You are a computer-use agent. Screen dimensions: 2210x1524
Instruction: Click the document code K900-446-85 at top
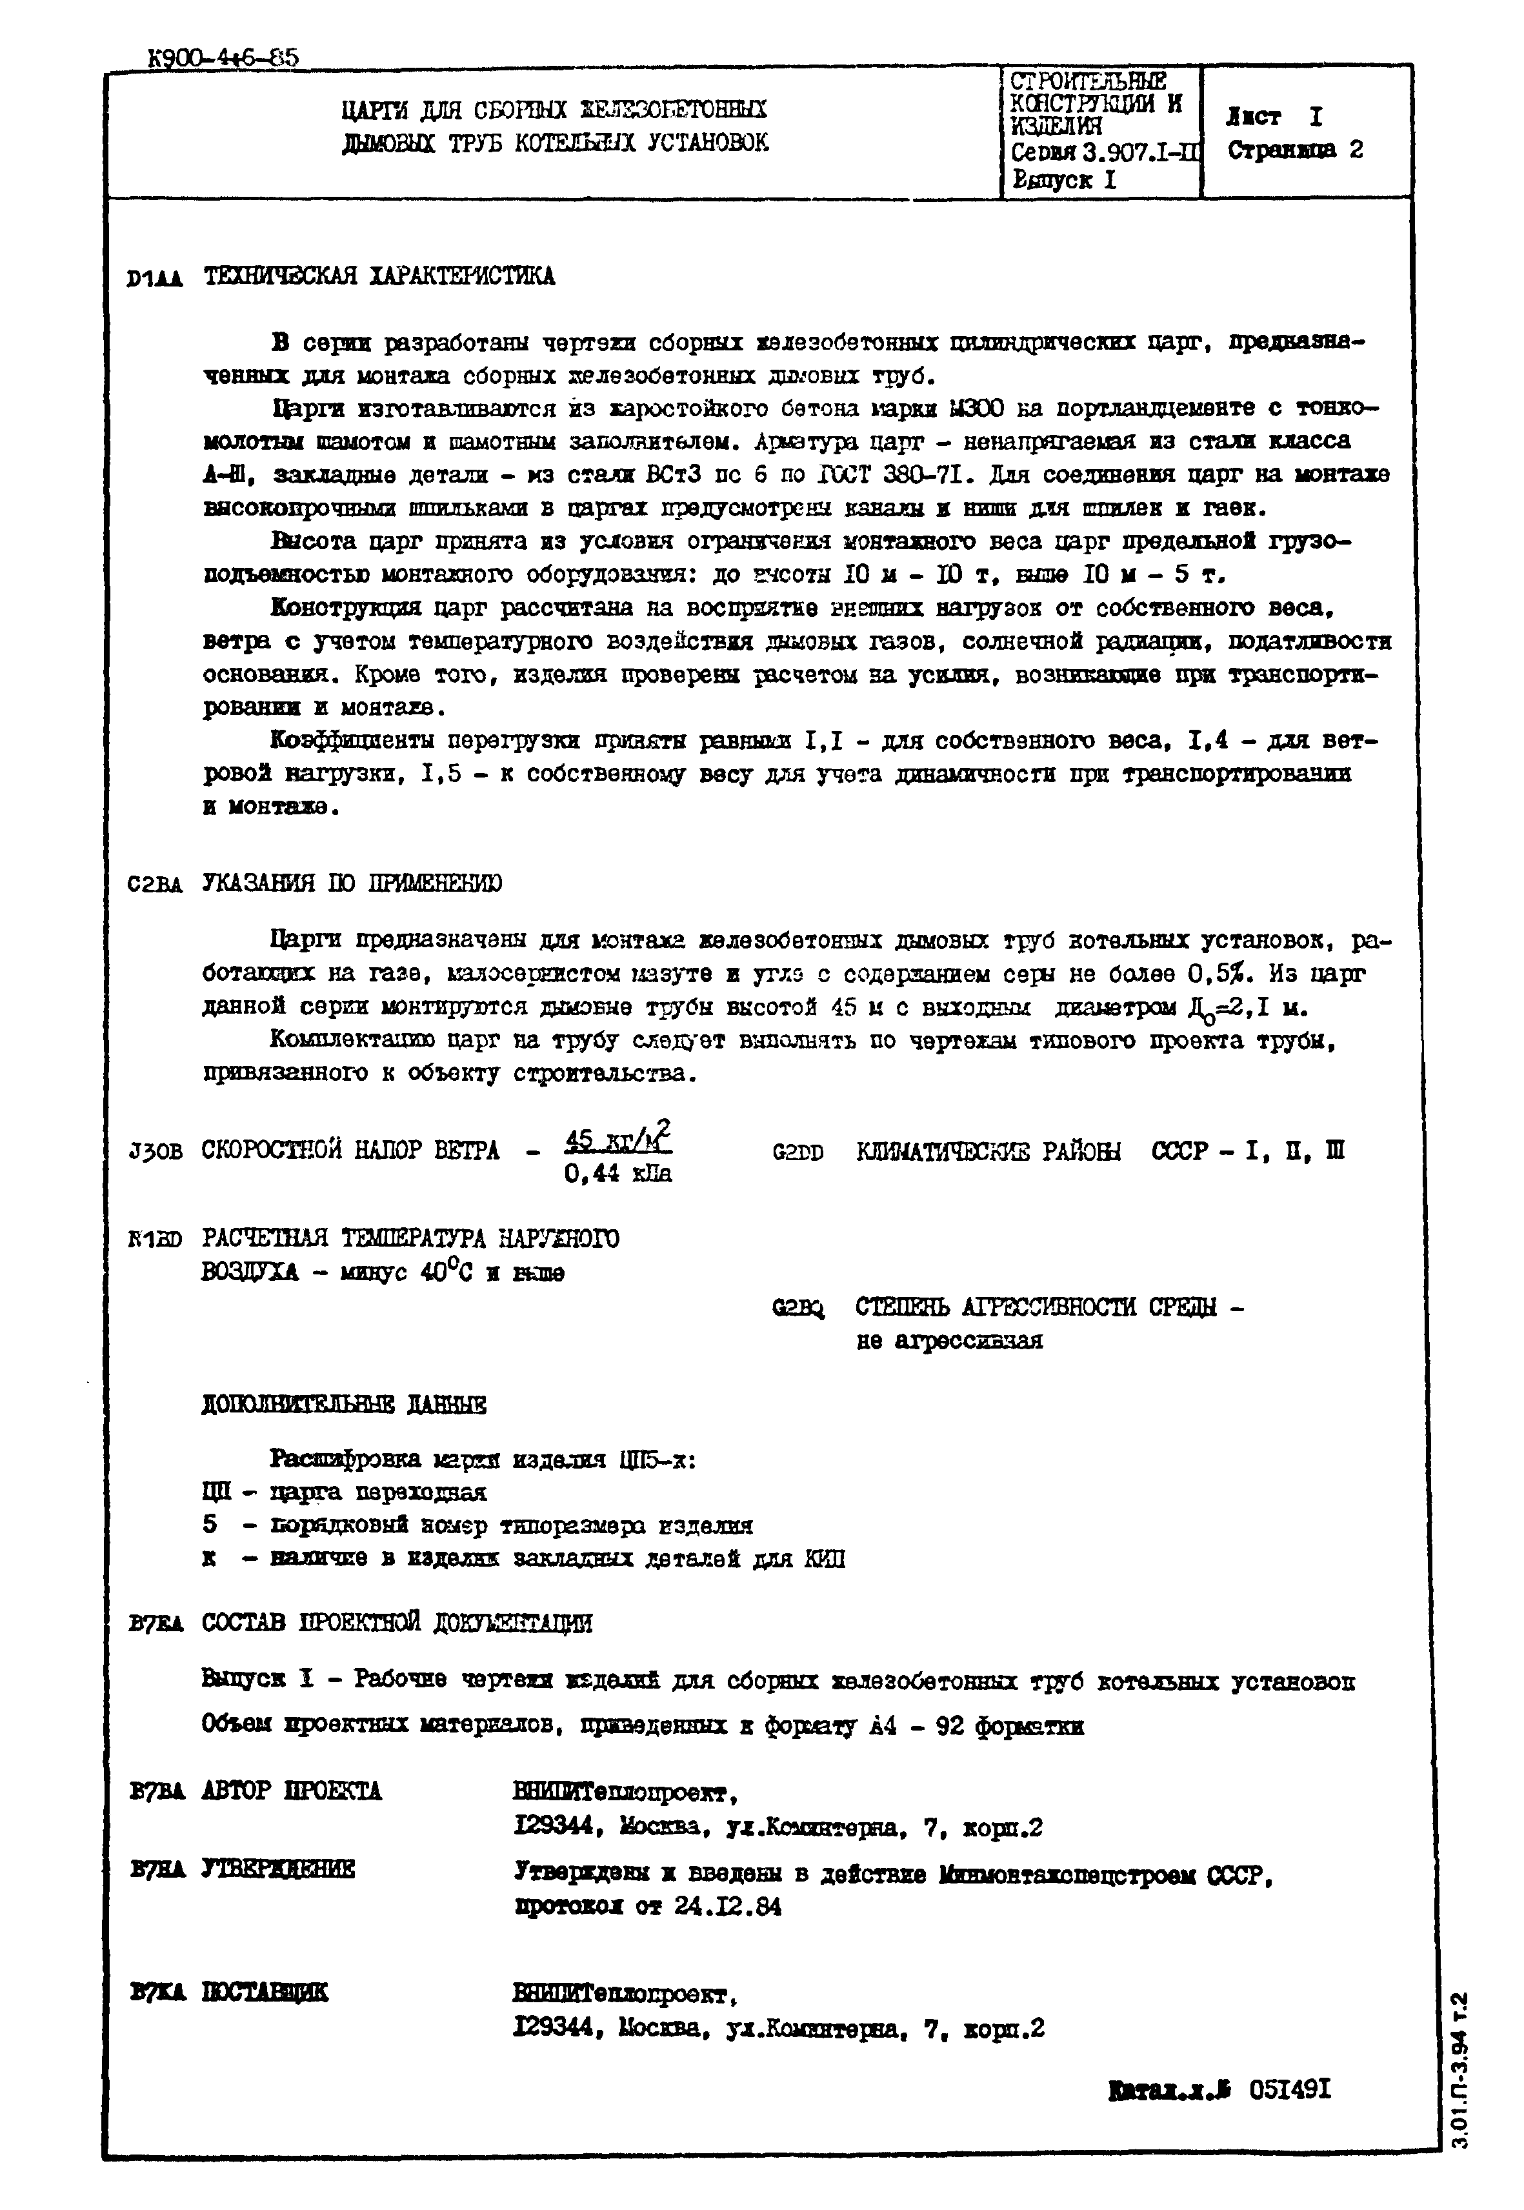[223, 59]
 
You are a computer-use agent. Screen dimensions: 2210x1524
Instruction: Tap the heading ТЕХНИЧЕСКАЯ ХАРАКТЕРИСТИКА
[379, 277]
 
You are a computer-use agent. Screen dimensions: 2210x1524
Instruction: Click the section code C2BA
[155, 885]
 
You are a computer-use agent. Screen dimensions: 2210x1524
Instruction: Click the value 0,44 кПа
[618, 1173]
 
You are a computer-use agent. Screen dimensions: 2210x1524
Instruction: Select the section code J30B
[155, 1153]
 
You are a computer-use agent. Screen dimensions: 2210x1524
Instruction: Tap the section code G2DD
[797, 1153]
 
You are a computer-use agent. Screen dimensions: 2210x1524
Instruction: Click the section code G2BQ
[798, 1307]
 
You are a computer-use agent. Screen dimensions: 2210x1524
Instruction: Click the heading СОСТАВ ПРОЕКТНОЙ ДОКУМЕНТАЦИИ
[397, 1623]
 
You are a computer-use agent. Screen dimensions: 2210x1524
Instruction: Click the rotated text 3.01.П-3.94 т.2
[1459, 2067]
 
